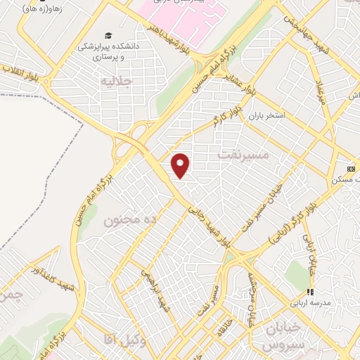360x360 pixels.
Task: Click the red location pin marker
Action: [x=181, y=165]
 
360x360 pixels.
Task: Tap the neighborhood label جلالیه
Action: [x=116, y=81]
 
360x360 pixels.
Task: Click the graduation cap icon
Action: [x=108, y=35]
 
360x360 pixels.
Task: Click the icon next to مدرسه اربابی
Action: [x=307, y=292]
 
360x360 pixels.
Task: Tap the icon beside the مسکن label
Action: [x=351, y=169]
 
